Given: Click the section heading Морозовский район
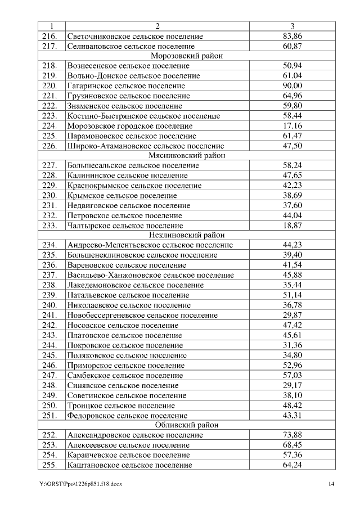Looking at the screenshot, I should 186,56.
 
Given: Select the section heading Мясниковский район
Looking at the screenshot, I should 186,155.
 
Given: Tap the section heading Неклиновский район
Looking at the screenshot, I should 186,235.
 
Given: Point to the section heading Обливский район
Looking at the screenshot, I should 186,425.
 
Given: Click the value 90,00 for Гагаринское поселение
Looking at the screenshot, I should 292,85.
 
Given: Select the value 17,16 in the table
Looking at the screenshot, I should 292,125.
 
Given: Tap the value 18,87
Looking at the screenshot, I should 292,225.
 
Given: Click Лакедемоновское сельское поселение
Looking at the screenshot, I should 135,285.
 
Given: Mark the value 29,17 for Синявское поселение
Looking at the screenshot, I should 292,385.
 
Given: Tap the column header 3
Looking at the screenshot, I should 292,26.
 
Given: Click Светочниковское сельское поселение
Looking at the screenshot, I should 135,36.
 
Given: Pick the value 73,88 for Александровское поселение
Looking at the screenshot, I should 292,435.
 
